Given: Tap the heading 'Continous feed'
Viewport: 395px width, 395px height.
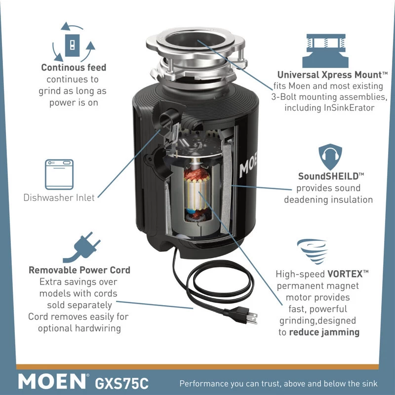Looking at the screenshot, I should point(74,68).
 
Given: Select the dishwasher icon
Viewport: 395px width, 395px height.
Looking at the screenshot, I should point(59,174).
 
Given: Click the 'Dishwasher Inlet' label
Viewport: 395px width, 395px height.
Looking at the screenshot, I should point(59,197).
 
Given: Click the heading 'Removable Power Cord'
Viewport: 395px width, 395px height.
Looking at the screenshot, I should point(79,270).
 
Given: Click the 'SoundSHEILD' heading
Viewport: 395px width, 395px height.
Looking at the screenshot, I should point(331,176).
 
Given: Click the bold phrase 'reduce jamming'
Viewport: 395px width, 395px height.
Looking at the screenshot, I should point(324,332).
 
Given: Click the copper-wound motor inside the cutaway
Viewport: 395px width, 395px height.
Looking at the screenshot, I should point(197,193).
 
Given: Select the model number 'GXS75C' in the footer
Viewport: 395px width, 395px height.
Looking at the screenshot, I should point(120,382).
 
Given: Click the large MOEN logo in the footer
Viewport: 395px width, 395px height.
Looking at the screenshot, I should point(52,382).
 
